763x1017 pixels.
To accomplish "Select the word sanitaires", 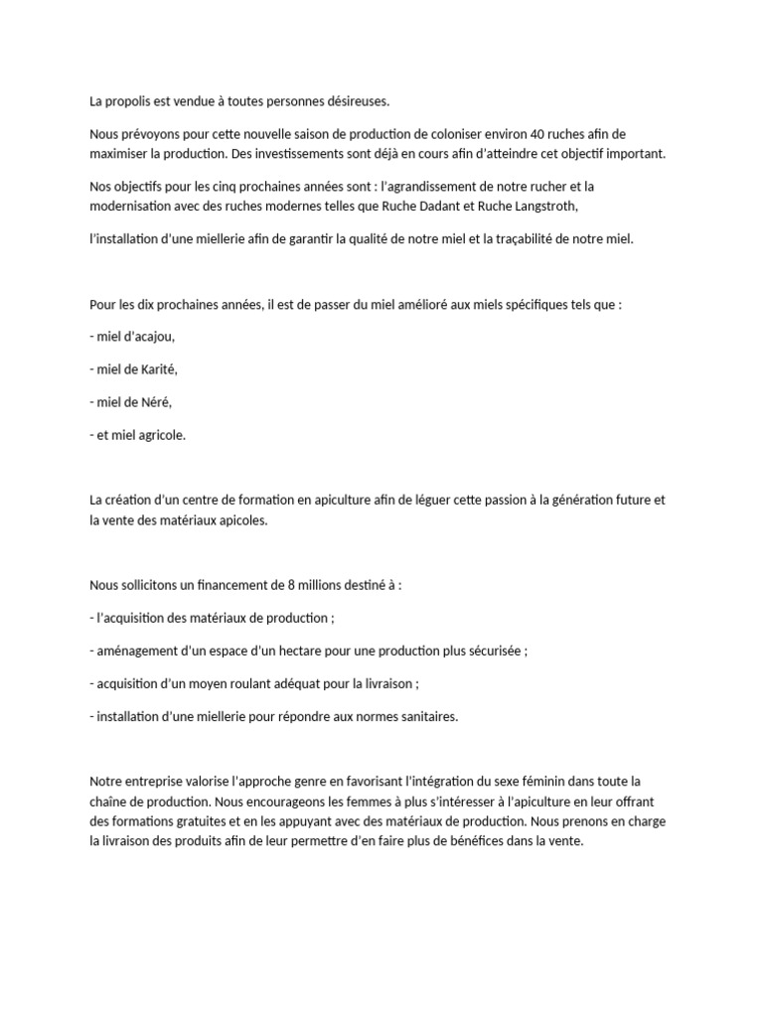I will pos(427,716).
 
